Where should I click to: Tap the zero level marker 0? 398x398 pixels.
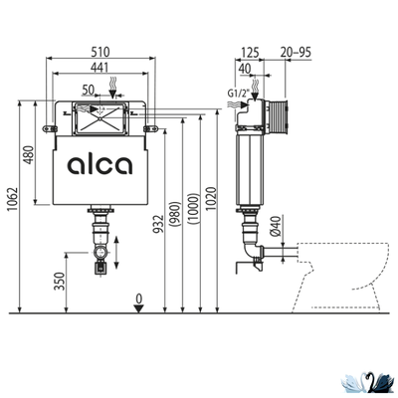[141, 298]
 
